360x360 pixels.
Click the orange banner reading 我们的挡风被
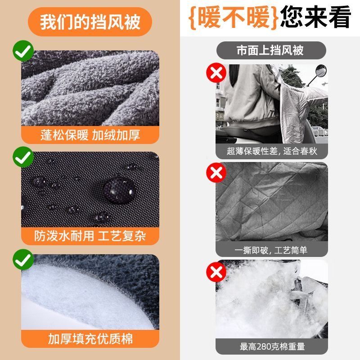tap(90, 22)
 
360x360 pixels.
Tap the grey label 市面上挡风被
tap(271, 50)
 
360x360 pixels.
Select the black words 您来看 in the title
tap(315, 17)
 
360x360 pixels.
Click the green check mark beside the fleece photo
tap(23, 51)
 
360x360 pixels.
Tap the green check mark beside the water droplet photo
tap(23, 157)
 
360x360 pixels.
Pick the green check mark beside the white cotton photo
tap(23, 260)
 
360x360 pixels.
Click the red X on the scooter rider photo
tap(216, 73)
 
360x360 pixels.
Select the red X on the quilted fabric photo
tap(216, 173)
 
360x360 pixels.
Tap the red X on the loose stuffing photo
tap(216, 272)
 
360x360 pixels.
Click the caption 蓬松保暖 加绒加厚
tap(90, 135)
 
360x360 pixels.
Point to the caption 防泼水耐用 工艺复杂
tap(90, 236)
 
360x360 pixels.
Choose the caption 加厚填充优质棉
tap(90, 339)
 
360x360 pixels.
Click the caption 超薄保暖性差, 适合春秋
tap(272, 151)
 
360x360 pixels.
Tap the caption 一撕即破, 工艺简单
tap(271, 250)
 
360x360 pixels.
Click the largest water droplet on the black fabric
tap(119, 190)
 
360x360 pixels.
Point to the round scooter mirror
tap(321, 71)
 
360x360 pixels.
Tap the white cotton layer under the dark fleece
tap(76, 303)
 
